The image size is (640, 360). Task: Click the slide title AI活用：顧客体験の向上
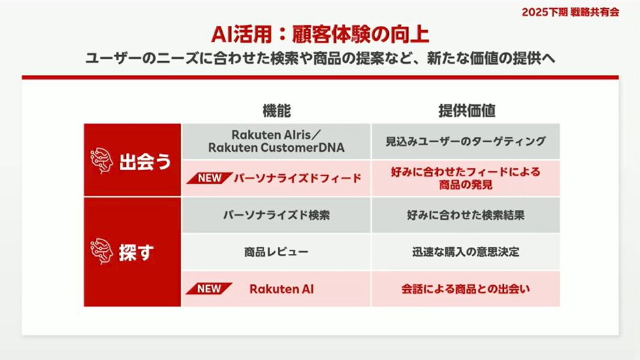(x=320, y=34)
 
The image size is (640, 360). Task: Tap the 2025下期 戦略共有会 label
(x=570, y=12)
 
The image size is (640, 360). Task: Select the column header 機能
(x=276, y=111)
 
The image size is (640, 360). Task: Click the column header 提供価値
(x=467, y=111)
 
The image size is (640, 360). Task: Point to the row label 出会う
(x=145, y=162)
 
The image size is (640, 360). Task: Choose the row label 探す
(x=136, y=252)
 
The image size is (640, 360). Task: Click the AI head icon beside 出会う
(x=101, y=161)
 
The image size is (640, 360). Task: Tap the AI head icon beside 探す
(x=101, y=251)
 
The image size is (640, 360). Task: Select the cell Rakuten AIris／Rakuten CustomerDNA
(x=276, y=142)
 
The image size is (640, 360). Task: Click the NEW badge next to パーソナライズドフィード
(x=210, y=178)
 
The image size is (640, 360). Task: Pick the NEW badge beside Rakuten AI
(x=209, y=289)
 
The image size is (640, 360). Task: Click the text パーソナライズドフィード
(x=298, y=178)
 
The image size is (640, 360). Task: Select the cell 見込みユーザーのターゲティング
(x=466, y=142)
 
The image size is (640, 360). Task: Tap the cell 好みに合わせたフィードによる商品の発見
(x=466, y=178)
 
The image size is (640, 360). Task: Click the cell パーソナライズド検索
(x=276, y=215)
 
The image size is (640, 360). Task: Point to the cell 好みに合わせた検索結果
(x=466, y=215)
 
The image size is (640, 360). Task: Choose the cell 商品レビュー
(x=276, y=252)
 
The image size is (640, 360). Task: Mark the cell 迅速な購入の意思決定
(x=466, y=252)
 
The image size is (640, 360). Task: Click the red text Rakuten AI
(x=282, y=289)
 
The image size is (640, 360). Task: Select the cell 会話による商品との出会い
(x=466, y=289)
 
